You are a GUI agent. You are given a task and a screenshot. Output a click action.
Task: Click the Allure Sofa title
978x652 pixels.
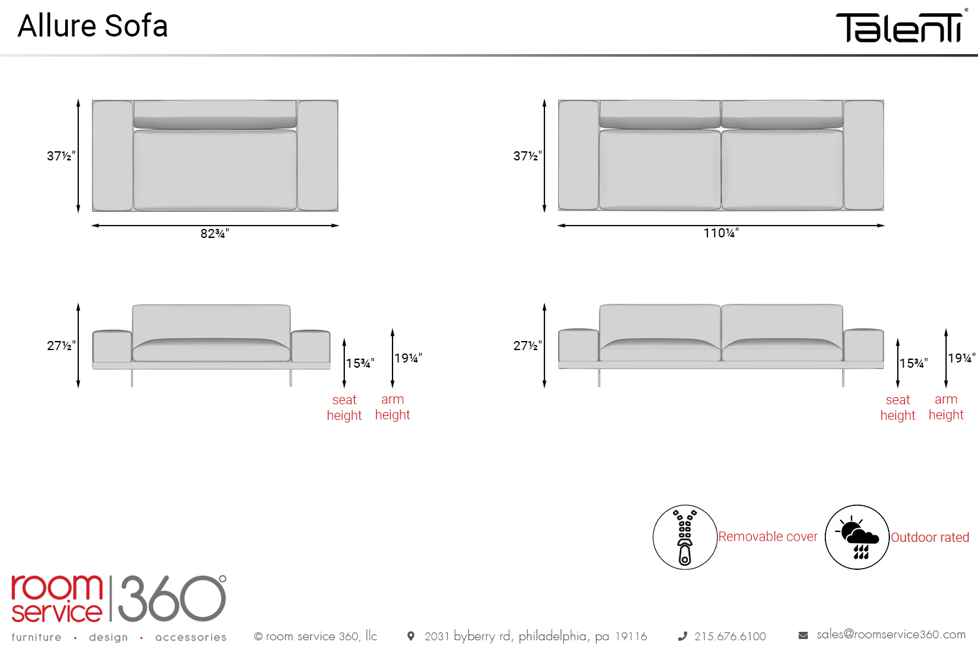93,26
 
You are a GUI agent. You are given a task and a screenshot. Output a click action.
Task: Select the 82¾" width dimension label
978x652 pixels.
215,233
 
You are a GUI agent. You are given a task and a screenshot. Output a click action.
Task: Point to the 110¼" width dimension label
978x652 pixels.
721,233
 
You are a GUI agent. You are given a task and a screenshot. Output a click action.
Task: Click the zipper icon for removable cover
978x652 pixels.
685,537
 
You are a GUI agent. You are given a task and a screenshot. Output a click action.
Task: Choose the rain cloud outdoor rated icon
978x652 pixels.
857,537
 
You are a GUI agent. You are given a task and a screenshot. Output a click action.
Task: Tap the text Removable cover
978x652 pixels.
767,537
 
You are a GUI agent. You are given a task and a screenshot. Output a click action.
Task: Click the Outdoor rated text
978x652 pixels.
930,537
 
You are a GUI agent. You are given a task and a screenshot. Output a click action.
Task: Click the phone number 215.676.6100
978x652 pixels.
730,636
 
